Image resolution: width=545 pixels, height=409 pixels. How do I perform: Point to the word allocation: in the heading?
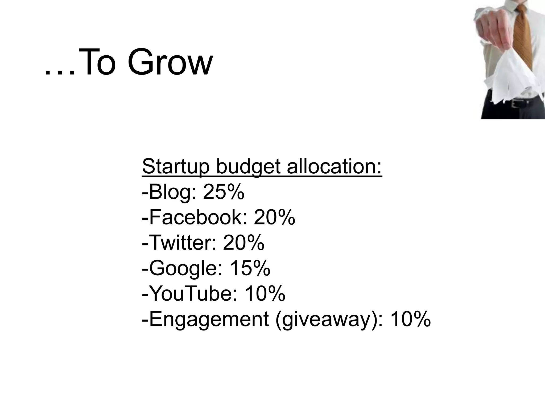(334, 166)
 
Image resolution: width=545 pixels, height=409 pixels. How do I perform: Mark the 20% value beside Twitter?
(244, 243)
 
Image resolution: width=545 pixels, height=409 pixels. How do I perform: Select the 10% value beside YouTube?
(265, 293)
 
